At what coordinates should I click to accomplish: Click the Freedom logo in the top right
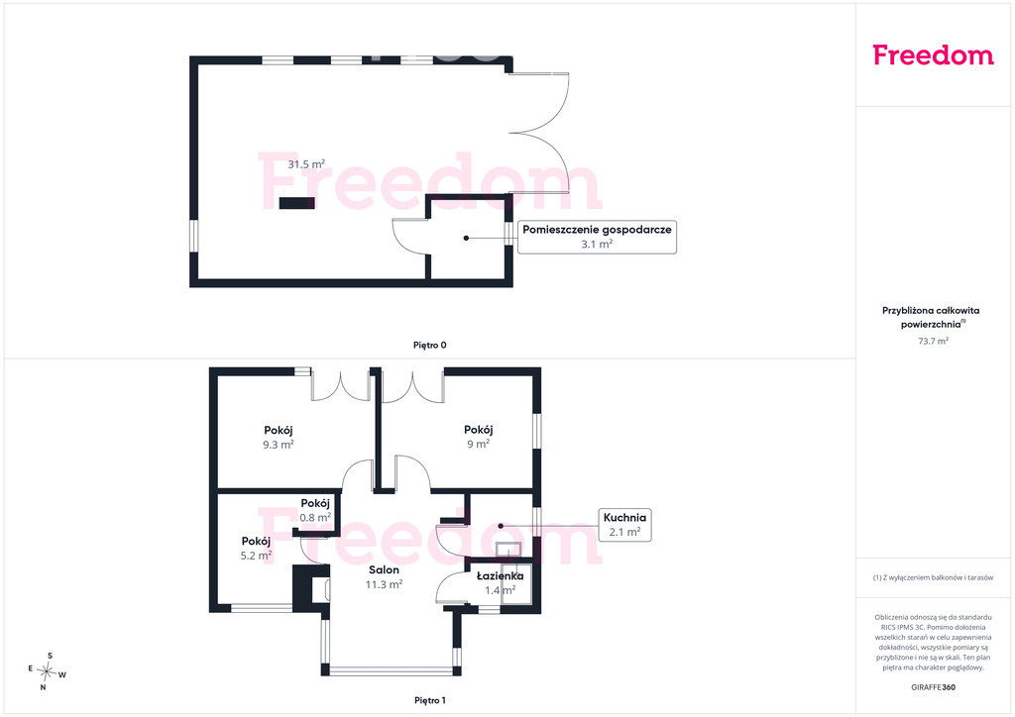tap(933, 54)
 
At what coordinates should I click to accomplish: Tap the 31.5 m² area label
tap(306, 164)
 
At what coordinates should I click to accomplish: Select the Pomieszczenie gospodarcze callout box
tap(597, 237)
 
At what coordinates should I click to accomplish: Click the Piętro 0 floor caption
tap(430, 346)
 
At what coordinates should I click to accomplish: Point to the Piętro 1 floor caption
tap(430, 700)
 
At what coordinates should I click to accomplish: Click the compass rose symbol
tap(47, 671)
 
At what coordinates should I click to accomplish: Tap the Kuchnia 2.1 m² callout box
tap(624, 524)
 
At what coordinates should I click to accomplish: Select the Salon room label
tap(384, 569)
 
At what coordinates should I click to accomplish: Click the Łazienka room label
tap(500, 575)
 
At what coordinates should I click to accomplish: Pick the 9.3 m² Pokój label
tap(279, 438)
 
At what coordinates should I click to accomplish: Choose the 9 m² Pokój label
tap(479, 437)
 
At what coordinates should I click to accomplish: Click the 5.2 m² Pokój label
tap(256, 549)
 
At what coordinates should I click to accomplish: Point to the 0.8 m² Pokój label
tap(315, 510)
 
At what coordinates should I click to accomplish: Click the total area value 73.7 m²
tap(933, 341)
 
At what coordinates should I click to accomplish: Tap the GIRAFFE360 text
tap(933, 687)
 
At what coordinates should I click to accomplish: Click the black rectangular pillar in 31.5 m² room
tap(297, 203)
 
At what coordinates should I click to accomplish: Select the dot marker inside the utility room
tap(466, 238)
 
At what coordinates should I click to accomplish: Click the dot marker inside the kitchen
tap(501, 526)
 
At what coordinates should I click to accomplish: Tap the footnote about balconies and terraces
tap(933, 577)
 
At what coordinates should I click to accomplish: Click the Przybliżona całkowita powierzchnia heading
tap(931, 317)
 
